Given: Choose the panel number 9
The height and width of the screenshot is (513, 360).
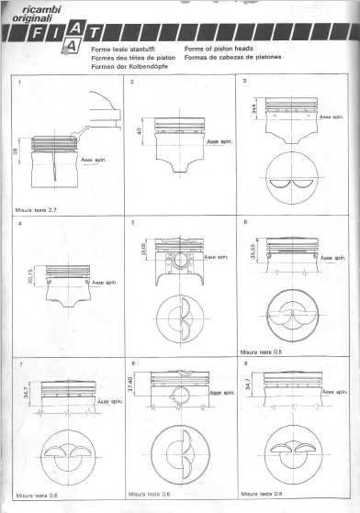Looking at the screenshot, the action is tap(243, 362).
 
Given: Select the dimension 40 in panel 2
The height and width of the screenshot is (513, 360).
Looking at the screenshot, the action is tap(139, 133).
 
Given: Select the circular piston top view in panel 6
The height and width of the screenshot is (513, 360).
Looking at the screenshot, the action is tap(295, 315).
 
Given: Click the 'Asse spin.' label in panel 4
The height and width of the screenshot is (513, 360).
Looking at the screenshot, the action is tap(104, 284).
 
